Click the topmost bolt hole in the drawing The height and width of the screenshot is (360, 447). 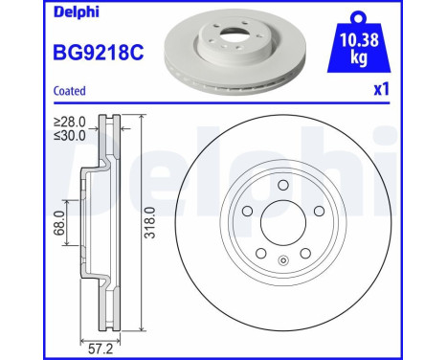pyautogui.click(x=284, y=188)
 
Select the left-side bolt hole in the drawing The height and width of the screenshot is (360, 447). pyautogui.click(x=246, y=213)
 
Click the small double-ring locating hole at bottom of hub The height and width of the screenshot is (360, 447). pyautogui.click(x=284, y=259)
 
